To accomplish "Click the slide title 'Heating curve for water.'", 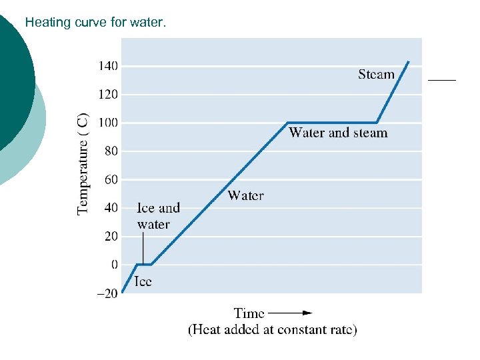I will [96, 23].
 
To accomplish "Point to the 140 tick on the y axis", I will [109, 66].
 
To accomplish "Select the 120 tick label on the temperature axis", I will [109, 95].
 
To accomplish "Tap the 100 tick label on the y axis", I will [109, 123].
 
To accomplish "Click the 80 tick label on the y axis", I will [111, 151].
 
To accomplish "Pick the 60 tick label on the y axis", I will [111, 180].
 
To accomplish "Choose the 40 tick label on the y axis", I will [111, 208].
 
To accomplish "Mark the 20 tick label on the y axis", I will [111, 237].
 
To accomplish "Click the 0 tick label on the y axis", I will [115, 265].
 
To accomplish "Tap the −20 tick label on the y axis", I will [107, 293].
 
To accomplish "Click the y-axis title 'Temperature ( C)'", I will [83, 163].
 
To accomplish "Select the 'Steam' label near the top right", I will [376, 75].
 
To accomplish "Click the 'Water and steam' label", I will [338, 133].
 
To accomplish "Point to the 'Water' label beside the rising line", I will [245, 195].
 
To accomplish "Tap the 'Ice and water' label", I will [158, 216].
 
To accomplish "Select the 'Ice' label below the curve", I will [143, 281].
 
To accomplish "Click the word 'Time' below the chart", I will [249, 313].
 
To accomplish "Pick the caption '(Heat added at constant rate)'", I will [272, 330].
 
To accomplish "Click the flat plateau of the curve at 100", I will [332, 123].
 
